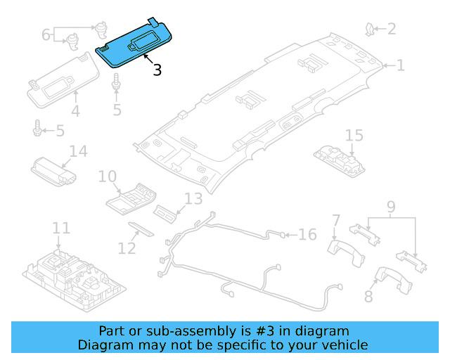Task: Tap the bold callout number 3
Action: point(157,70)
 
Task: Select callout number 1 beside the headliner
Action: point(400,65)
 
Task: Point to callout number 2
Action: point(392,29)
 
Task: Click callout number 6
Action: point(46,34)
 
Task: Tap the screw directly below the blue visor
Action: point(116,82)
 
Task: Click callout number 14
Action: point(78,151)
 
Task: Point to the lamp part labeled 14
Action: point(53,172)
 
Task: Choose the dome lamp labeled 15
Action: point(339,162)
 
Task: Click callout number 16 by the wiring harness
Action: point(308,235)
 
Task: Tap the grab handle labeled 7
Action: point(346,252)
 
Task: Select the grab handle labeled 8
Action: point(393,279)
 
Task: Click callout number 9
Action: point(391,207)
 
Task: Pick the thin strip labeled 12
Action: point(141,229)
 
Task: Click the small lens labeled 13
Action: point(165,214)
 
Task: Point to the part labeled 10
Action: point(131,199)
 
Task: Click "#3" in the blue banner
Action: point(264,331)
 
